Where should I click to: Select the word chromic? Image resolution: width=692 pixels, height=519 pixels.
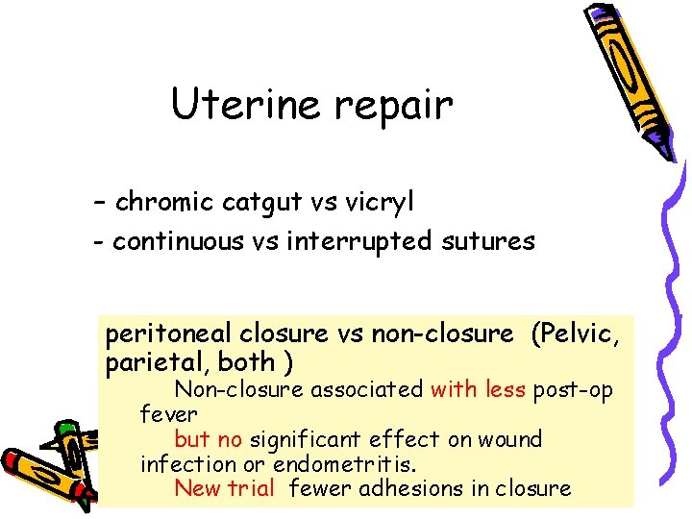165,202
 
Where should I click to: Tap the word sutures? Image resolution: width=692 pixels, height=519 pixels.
490,241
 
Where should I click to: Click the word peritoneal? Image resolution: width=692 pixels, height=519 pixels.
169,334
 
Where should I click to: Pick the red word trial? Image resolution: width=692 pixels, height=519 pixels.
252,488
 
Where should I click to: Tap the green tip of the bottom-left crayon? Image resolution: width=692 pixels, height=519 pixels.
64,429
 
